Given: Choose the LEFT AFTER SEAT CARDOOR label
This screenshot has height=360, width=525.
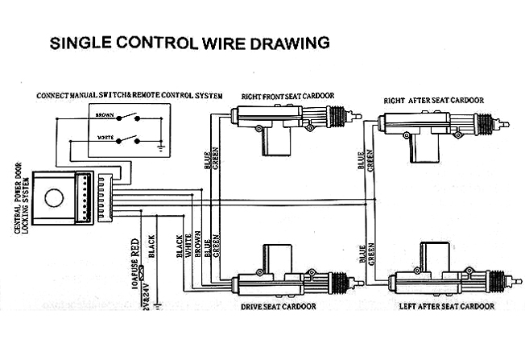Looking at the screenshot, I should coord(446,307).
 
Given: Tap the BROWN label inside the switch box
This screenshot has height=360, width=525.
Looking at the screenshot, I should coord(105,115).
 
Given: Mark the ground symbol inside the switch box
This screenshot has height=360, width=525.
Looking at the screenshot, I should coord(160,148).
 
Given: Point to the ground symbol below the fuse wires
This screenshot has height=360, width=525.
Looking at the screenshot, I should coord(160,304).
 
